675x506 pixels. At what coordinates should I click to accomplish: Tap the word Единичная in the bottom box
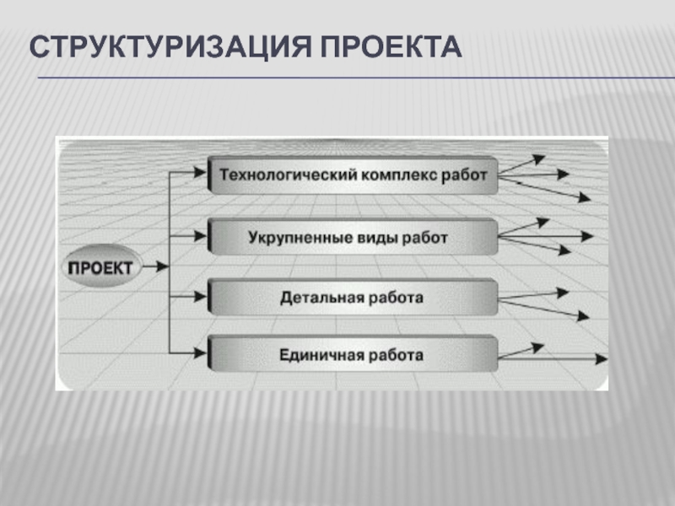[320, 354]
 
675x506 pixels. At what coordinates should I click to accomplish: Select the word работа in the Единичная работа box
[396, 354]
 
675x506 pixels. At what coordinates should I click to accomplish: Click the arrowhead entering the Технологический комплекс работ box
[201, 173]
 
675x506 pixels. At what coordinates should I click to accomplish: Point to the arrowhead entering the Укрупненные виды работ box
[201, 235]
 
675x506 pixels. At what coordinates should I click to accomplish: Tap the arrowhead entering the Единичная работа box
[201, 352]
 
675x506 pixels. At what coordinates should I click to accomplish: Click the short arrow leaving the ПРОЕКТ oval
[154, 266]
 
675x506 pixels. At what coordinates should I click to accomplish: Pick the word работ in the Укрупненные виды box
[427, 238]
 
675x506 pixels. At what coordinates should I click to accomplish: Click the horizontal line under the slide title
[354, 78]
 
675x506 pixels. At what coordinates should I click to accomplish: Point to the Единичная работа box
[353, 354]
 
